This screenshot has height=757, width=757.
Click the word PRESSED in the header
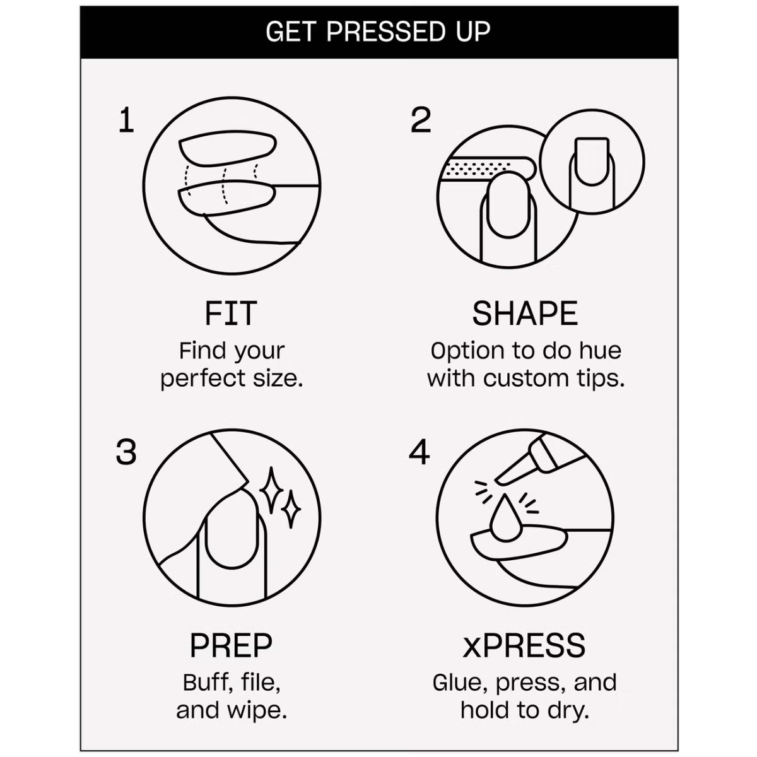385,32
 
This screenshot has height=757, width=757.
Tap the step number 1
127,120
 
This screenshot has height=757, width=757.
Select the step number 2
421,120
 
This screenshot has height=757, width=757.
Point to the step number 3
126,452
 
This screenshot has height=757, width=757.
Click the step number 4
419,452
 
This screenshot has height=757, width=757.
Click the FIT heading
231,314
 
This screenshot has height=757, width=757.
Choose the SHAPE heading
525,314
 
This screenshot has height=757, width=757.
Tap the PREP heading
231,645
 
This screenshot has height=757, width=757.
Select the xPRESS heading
524,645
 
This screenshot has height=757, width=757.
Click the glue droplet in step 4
505,518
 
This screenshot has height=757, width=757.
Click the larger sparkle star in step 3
271,490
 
